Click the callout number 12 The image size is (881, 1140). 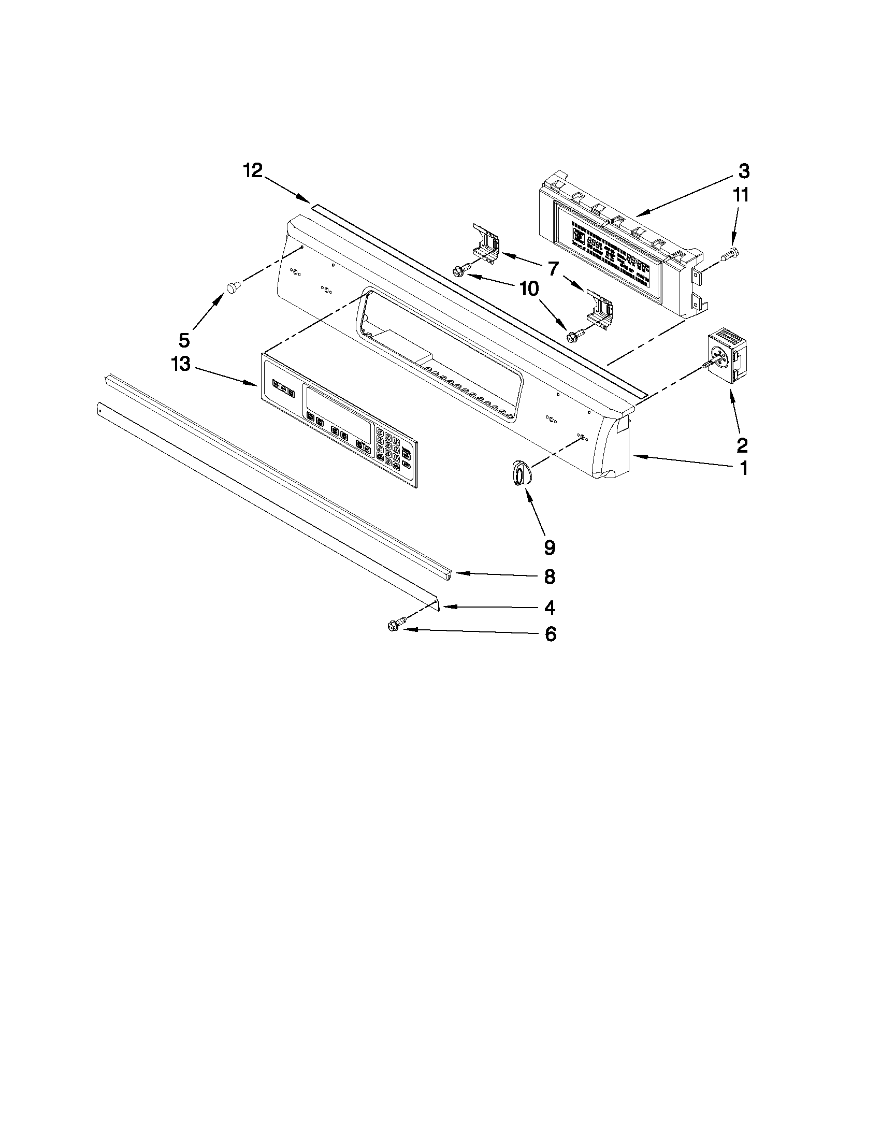(x=253, y=171)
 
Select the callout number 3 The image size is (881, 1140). (x=744, y=171)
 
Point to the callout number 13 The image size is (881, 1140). (x=181, y=364)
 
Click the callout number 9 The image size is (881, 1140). (x=550, y=547)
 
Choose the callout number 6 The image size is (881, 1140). (x=551, y=634)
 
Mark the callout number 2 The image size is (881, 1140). (x=742, y=445)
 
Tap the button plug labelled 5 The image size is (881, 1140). (x=232, y=287)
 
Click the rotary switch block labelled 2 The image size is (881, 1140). (x=727, y=356)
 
